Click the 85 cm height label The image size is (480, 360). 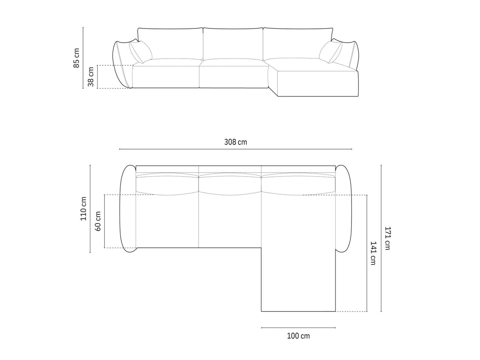pos(76,58)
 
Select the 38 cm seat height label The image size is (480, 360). pos(91,76)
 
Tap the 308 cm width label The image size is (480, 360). pos(236,142)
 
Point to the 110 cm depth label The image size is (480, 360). pos(83,208)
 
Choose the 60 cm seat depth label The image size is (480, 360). pos(98,221)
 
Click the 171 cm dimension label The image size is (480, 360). pos(387,238)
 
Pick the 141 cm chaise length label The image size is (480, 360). pos(373,253)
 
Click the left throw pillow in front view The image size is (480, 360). pos(140,52)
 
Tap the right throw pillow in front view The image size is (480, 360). pos(331,52)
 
